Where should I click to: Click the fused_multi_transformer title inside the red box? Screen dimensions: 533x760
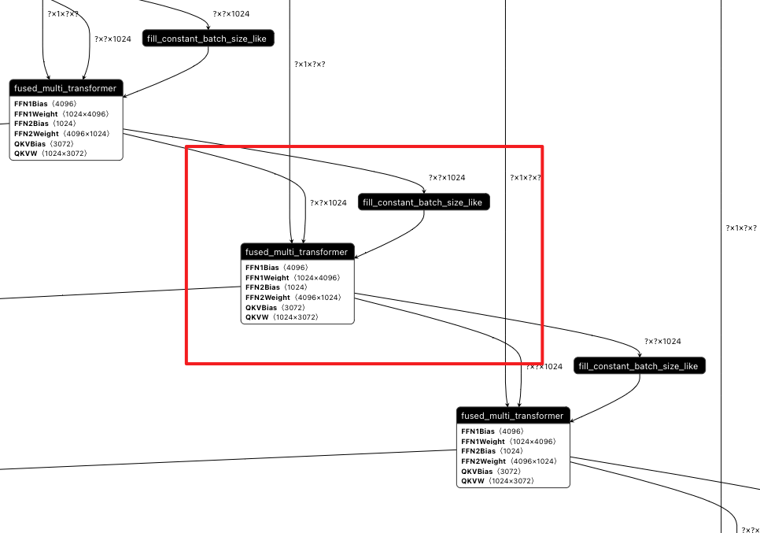pyautogui.click(x=297, y=252)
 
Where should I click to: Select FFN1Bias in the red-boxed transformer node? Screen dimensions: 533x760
pyautogui.click(x=263, y=268)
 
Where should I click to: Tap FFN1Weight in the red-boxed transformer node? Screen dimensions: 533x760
pyautogui.click(x=267, y=278)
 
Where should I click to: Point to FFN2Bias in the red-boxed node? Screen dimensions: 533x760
pyautogui.click(x=263, y=287)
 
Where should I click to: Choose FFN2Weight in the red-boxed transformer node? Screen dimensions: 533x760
pyautogui.click(x=267, y=298)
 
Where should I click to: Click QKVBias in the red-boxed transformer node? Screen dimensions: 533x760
pyautogui.click(x=262, y=308)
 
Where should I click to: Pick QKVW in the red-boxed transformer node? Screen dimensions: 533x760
pyautogui.click(x=257, y=317)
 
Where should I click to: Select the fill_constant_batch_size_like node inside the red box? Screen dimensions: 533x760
pyautogui.click(x=423, y=202)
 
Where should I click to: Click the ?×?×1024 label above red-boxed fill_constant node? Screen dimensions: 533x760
pyautogui.click(x=446, y=178)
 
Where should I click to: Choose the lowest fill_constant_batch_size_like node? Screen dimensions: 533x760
pyautogui.click(x=639, y=366)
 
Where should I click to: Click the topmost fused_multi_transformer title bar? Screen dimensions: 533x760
pyautogui.click(x=65, y=88)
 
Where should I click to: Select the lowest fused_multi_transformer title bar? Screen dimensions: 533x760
pyautogui.click(x=512, y=416)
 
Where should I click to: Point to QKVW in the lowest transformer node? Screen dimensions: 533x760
pyautogui.click(x=473, y=481)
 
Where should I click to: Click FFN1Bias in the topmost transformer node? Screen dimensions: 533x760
pyautogui.click(x=31, y=104)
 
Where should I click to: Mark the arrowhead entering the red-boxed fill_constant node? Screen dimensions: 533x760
pyautogui.click(x=424, y=191)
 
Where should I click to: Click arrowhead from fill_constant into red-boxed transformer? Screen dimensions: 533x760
pyautogui.click(x=358, y=256)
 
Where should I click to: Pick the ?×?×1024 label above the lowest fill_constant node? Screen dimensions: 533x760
pyautogui.click(x=662, y=342)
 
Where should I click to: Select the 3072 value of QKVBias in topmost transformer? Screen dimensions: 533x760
pyautogui.click(x=62, y=144)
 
